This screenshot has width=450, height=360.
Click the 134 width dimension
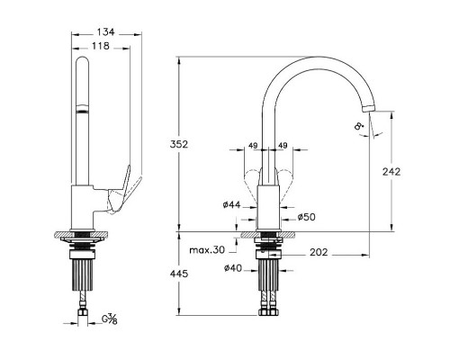coord(106,31)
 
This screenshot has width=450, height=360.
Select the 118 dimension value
coord(101,46)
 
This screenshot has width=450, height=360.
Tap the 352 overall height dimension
coord(179,144)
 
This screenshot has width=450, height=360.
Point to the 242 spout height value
coord(391,172)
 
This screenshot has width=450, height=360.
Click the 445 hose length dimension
coord(179,274)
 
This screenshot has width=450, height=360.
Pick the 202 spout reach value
coord(319,252)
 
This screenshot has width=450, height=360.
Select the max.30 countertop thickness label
coord(207,250)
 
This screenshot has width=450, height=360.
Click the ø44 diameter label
coord(232,204)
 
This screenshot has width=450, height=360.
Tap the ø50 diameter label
coord(307,217)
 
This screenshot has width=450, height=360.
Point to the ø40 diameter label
coord(233,268)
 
